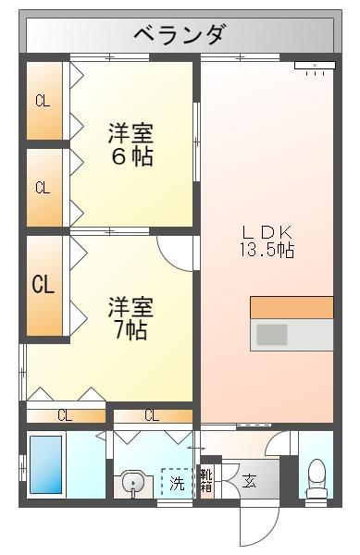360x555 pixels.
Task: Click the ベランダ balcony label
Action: point(179,35)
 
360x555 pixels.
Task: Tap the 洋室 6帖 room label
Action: point(130,144)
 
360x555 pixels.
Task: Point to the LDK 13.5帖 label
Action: point(267,239)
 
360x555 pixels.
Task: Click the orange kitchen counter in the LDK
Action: point(291,308)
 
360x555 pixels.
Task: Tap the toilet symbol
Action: point(316,477)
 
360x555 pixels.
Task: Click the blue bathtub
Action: point(44,465)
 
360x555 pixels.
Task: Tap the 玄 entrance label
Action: point(250,481)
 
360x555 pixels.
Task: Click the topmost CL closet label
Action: point(43,102)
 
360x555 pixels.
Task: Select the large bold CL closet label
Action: point(43,284)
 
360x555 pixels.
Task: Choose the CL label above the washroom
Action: point(151,415)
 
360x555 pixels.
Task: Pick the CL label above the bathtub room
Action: point(64,415)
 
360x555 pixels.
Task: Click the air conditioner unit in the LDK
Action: point(313,67)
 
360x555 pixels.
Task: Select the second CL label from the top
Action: point(43,188)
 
